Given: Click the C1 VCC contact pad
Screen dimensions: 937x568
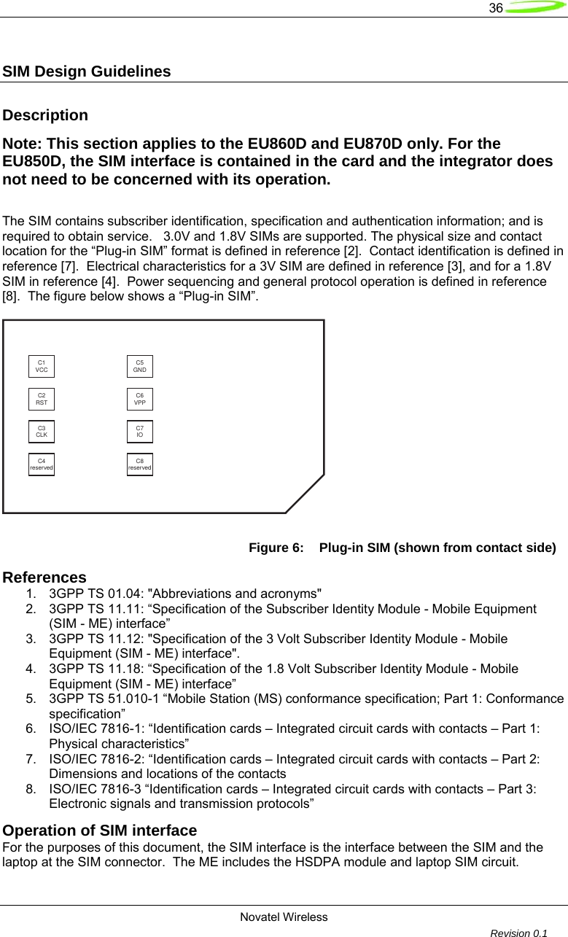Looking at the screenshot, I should pyautogui.click(x=42, y=366).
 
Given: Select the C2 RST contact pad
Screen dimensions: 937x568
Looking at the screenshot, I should pyautogui.click(x=42, y=399).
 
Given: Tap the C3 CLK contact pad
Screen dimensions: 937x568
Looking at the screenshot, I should pyautogui.click(x=42, y=431).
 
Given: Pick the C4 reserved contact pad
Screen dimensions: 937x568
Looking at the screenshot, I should pyautogui.click(x=42, y=464).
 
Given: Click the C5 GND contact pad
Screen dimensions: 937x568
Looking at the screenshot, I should pyautogui.click(x=140, y=366).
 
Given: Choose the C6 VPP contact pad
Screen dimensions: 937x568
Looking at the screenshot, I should pyautogui.click(x=140, y=399).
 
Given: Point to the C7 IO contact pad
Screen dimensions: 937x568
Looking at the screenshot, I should pyautogui.click(x=140, y=431).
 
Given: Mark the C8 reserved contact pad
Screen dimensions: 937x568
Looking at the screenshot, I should pyautogui.click(x=140, y=464).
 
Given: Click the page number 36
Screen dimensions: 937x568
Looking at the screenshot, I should pyautogui.click(x=496, y=8).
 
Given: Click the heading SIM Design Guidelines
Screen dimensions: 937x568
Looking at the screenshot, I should pyautogui.click(x=87, y=72).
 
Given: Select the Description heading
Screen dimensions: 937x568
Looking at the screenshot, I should pyautogui.click(x=46, y=115).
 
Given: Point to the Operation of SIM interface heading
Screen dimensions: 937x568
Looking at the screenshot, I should pyautogui.click(x=100, y=831).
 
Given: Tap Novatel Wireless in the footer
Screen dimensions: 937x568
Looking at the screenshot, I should pyautogui.click(x=284, y=917).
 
